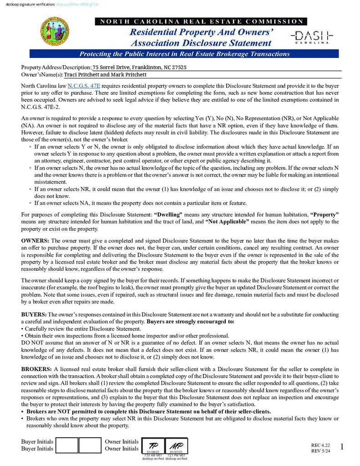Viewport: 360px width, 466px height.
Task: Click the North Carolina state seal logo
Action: click(55, 31)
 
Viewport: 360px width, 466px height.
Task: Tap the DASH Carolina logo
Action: click(312, 37)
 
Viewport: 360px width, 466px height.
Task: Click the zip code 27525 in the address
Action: click(178, 67)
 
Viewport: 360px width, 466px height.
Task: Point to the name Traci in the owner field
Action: click(71, 75)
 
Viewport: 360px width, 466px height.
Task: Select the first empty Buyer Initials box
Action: click(67, 445)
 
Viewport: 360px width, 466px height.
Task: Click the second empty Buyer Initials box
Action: click(90, 445)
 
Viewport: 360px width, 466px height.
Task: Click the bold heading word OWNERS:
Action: click(35, 240)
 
